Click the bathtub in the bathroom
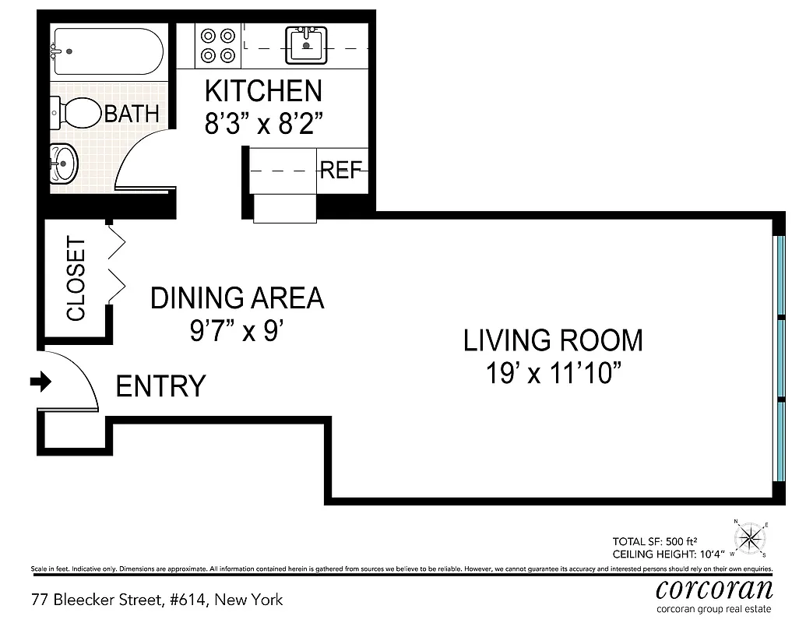coord(108,51)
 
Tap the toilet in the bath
coord(76,113)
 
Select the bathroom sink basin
coord(64,164)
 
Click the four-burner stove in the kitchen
coord(218,45)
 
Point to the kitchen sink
coord(306,45)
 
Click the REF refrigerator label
coord(341,170)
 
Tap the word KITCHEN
coord(263,91)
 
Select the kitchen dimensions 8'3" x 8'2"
coord(264,123)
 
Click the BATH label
coord(132,114)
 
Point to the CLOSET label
coord(76,278)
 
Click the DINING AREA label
coord(237,298)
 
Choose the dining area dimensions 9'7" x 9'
coord(237,330)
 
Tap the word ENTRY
coord(160,386)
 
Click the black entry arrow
coord(41,382)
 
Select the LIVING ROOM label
coord(553,340)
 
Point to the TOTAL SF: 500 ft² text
coord(654,541)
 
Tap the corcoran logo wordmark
coord(714,589)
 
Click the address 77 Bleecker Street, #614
coord(119,600)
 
